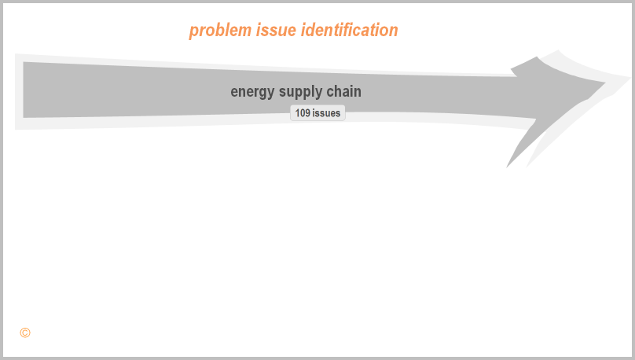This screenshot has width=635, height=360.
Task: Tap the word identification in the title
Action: [x=350, y=30]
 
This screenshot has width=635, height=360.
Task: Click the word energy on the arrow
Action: [x=252, y=92]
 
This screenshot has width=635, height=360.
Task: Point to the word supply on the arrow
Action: [x=300, y=92]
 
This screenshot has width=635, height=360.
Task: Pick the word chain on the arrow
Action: [x=343, y=91]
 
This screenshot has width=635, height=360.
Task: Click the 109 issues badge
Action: [x=317, y=113]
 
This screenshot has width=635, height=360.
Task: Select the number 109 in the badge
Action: [x=303, y=113]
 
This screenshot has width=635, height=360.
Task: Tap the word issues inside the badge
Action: [x=326, y=113]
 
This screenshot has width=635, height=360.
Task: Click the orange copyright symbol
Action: [x=25, y=332]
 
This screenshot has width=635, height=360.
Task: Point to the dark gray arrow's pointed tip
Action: [x=605, y=83]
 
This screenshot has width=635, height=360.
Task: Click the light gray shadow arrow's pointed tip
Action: [x=630, y=77]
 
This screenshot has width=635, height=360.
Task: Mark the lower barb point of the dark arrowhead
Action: [x=507, y=167]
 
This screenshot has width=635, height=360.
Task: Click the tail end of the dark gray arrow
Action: [x=24, y=90]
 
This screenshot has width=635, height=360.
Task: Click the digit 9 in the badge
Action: [x=307, y=113]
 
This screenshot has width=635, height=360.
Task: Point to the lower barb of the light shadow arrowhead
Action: [x=527, y=166]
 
